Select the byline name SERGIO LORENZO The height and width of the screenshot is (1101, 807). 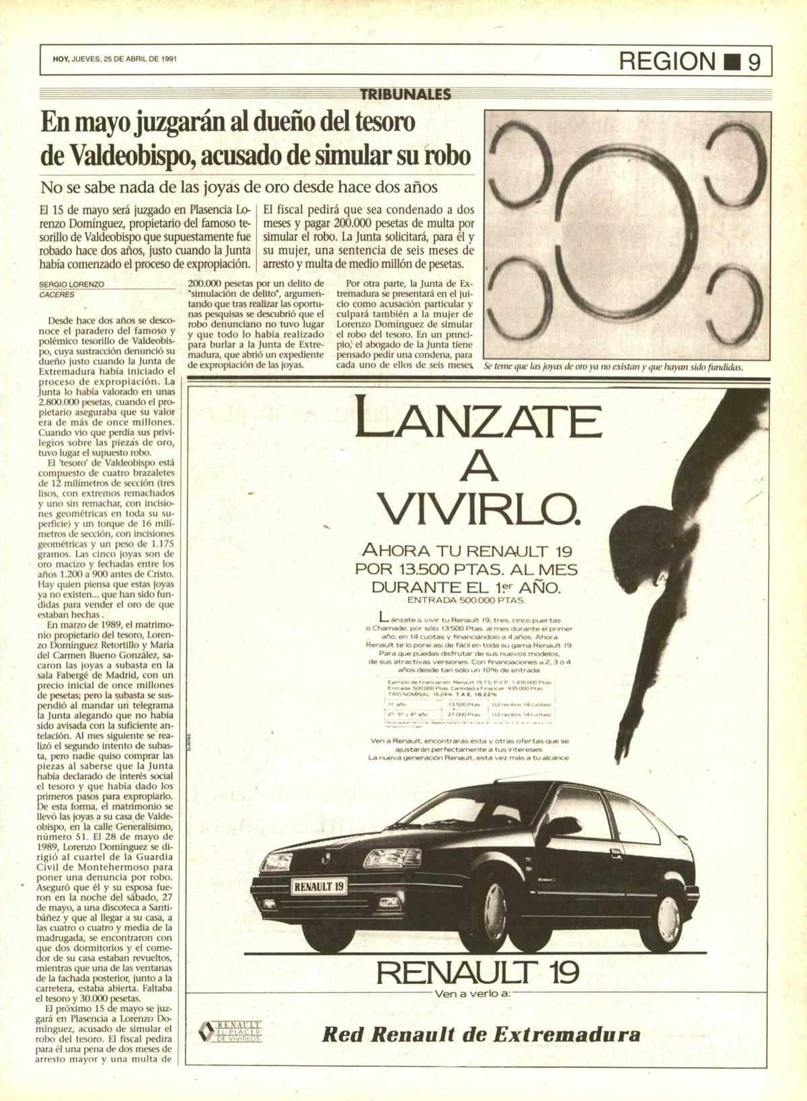point(72,284)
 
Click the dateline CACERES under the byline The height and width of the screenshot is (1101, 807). point(57,294)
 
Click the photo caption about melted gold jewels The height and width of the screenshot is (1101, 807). point(613,367)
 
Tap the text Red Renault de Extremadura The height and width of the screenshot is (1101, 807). point(482,1033)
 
